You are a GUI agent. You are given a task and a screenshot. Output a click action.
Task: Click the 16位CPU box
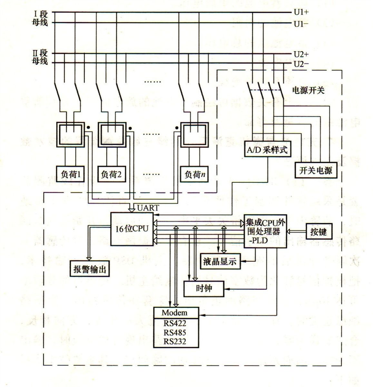click(132, 228)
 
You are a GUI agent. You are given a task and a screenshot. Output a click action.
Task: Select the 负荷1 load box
click(70, 174)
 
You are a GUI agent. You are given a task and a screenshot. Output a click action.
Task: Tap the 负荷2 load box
click(111, 174)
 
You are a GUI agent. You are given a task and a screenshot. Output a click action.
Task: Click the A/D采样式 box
click(267, 150)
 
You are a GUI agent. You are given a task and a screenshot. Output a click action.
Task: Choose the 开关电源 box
click(315, 170)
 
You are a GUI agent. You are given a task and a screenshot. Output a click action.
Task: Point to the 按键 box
click(318, 232)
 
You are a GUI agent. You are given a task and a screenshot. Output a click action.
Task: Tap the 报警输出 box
click(90, 268)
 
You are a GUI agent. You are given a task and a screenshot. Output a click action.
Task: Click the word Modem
click(174, 313)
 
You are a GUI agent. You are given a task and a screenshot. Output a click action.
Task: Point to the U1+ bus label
click(301, 13)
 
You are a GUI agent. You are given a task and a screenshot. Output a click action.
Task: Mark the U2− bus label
click(301, 64)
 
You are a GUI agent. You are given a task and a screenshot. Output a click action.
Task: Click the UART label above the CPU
click(148, 208)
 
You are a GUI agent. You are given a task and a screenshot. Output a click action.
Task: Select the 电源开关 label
click(308, 90)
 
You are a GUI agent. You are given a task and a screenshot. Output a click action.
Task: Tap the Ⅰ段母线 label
click(40, 18)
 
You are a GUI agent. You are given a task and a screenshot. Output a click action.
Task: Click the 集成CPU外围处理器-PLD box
click(265, 231)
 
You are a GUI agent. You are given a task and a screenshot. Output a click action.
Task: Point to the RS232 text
click(175, 341)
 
